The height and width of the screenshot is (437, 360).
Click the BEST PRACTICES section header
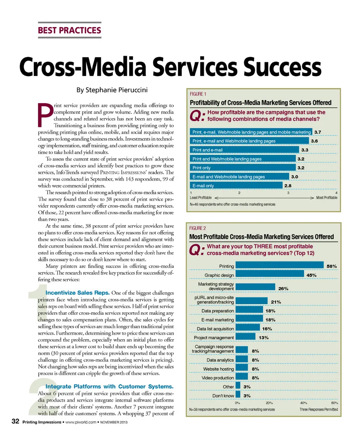point(70,30)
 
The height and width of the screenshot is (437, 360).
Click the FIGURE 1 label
point(198,94)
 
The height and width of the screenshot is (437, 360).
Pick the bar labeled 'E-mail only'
point(236,185)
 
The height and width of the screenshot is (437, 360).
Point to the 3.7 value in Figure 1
point(318,132)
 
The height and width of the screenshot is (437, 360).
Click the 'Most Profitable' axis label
point(327,198)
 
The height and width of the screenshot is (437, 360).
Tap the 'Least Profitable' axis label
point(201,198)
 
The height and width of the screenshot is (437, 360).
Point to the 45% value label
point(312,275)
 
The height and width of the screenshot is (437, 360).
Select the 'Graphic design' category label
point(219,275)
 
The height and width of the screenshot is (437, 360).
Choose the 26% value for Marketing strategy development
point(283,288)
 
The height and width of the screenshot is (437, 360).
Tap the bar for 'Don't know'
point(238,395)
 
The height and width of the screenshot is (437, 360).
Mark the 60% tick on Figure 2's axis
point(334,402)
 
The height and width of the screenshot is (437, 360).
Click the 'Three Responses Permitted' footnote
point(319,409)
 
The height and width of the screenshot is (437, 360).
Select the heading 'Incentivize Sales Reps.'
point(77,293)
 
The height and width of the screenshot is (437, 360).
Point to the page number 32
point(15,422)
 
